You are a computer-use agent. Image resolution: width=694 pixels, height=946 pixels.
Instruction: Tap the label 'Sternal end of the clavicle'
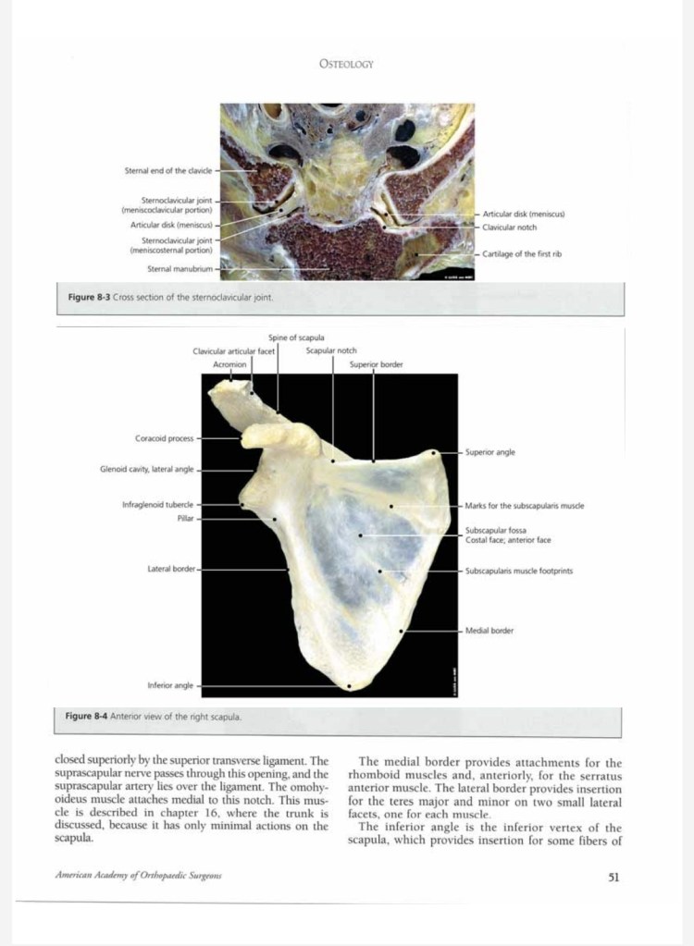(x=167, y=170)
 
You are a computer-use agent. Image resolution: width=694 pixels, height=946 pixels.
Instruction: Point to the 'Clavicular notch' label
(x=509, y=227)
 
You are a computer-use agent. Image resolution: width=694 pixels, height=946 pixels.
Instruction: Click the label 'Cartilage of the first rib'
(x=522, y=253)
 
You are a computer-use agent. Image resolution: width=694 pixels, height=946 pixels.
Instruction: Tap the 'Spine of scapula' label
(x=295, y=338)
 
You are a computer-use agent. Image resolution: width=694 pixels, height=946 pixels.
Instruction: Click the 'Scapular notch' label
(x=331, y=350)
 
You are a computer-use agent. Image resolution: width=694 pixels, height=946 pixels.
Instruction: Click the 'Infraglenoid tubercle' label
(x=157, y=505)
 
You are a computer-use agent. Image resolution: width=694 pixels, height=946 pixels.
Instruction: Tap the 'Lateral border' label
(x=170, y=569)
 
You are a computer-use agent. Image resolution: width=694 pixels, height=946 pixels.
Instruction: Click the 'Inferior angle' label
(x=170, y=685)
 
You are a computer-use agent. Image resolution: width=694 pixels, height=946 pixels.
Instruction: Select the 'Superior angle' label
(x=490, y=452)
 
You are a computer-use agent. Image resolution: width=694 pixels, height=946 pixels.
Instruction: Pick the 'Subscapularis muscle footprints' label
(x=518, y=571)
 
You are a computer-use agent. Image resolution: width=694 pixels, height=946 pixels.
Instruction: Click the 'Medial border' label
(x=489, y=631)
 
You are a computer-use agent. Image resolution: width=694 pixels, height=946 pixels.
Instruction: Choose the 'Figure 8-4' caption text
(x=153, y=716)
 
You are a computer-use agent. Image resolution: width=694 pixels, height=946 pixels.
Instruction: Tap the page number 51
(x=613, y=878)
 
